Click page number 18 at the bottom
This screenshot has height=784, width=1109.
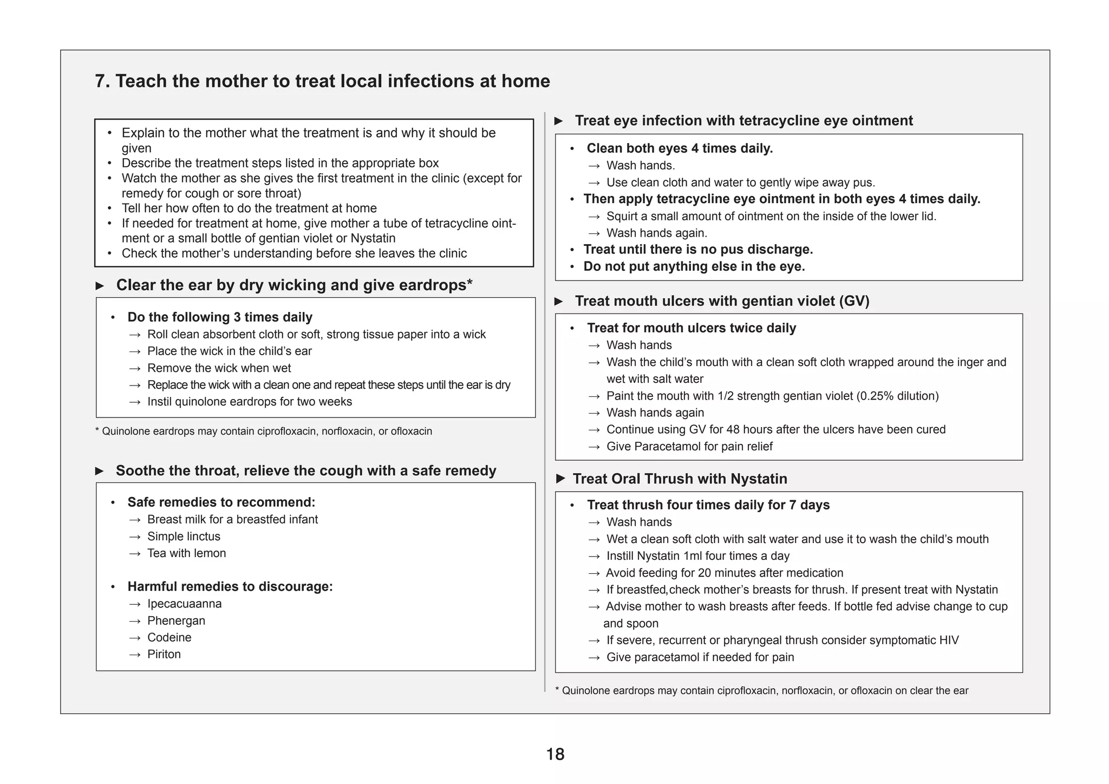pos(555,754)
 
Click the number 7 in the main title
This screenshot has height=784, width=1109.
pos(100,81)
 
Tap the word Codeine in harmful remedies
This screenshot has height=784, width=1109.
pos(169,637)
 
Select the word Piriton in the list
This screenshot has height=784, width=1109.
pos(164,654)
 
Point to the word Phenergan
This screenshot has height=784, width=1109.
pos(176,620)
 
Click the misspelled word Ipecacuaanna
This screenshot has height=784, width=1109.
pos(184,604)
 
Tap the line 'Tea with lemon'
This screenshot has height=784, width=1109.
pos(186,553)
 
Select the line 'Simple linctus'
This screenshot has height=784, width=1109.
pos(184,536)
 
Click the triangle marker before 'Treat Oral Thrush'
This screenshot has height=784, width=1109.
pos(561,479)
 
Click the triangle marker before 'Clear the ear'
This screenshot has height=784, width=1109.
pos(100,285)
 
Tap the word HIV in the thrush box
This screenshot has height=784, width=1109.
pos(949,640)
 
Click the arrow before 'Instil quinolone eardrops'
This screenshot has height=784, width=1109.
pos(135,402)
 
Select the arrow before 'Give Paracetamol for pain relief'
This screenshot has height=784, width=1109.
pos(594,447)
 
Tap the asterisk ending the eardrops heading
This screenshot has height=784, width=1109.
pos(469,283)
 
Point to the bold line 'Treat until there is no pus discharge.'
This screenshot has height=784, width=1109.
pos(698,250)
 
